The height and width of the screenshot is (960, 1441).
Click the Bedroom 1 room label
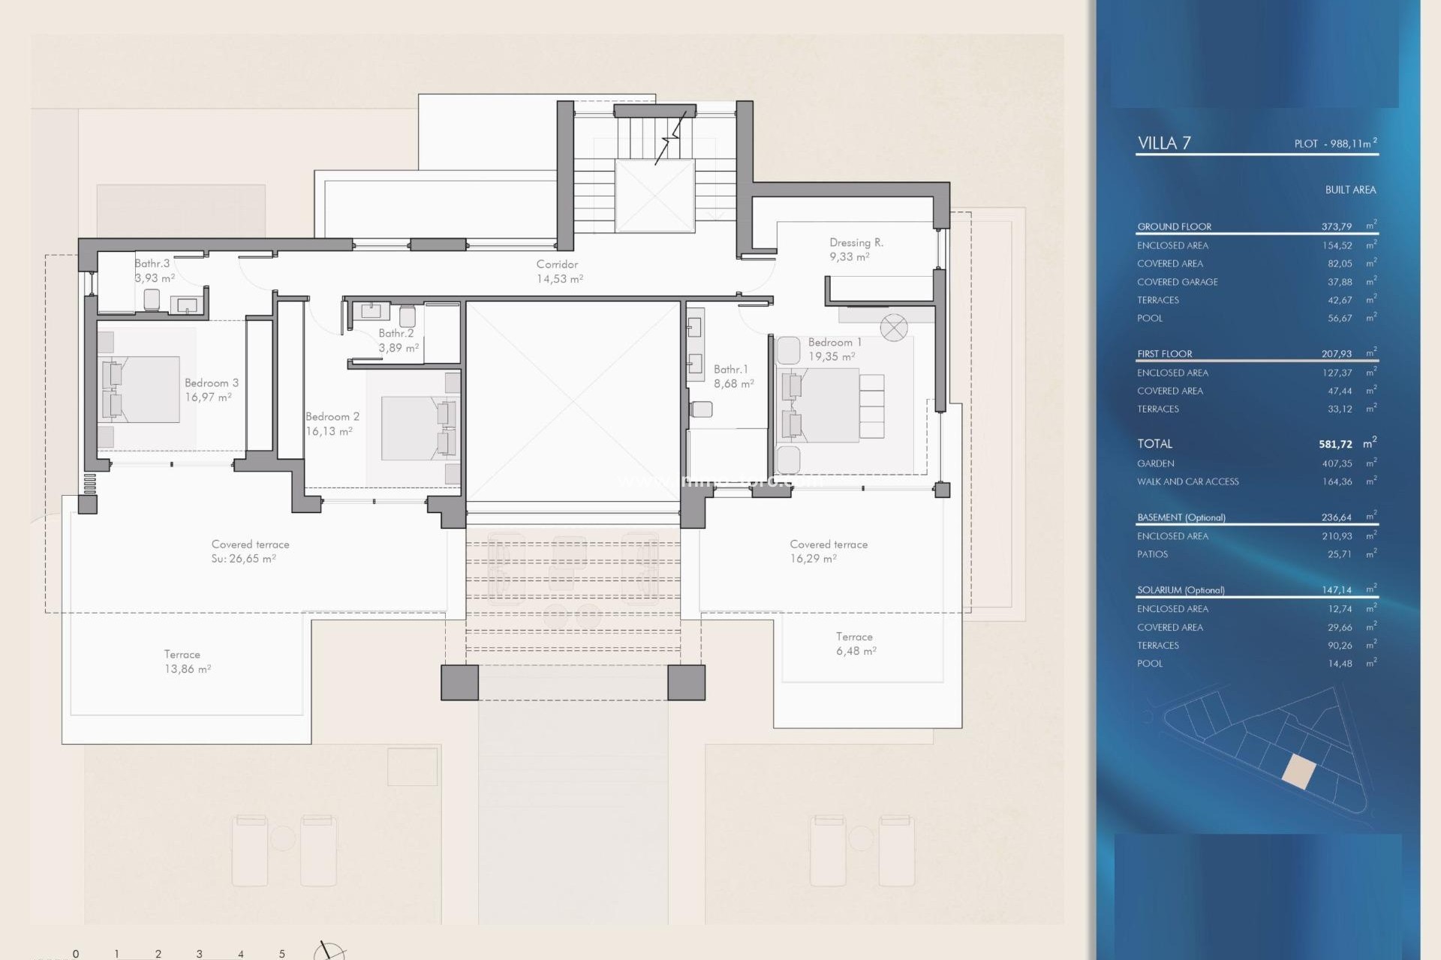[x=834, y=349]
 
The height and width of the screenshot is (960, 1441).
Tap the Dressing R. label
[x=856, y=249]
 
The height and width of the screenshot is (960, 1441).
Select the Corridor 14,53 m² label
[x=558, y=271]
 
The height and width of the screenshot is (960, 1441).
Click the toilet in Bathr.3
[x=152, y=298]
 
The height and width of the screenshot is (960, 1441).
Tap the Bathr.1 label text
[x=733, y=376]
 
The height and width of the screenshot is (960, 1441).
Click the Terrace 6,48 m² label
[x=856, y=643]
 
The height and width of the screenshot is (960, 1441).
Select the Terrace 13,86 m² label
[x=186, y=661]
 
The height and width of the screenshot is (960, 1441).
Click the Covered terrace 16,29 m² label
[x=828, y=551]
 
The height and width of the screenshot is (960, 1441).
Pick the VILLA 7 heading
[x=1163, y=143]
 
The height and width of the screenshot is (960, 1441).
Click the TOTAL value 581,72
[x=1335, y=444]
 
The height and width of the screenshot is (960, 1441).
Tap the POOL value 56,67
[x=1339, y=318]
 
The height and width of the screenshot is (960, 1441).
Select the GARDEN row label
[x=1155, y=463]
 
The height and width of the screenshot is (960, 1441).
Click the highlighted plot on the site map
[x=1298, y=771]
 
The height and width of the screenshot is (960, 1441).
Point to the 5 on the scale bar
[x=282, y=953]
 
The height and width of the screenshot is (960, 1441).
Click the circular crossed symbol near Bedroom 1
[x=893, y=328]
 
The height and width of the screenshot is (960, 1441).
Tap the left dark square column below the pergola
[x=459, y=682]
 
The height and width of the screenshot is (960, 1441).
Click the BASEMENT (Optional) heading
[x=1181, y=517]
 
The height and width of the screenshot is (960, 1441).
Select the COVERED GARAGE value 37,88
[x=1339, y=282]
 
